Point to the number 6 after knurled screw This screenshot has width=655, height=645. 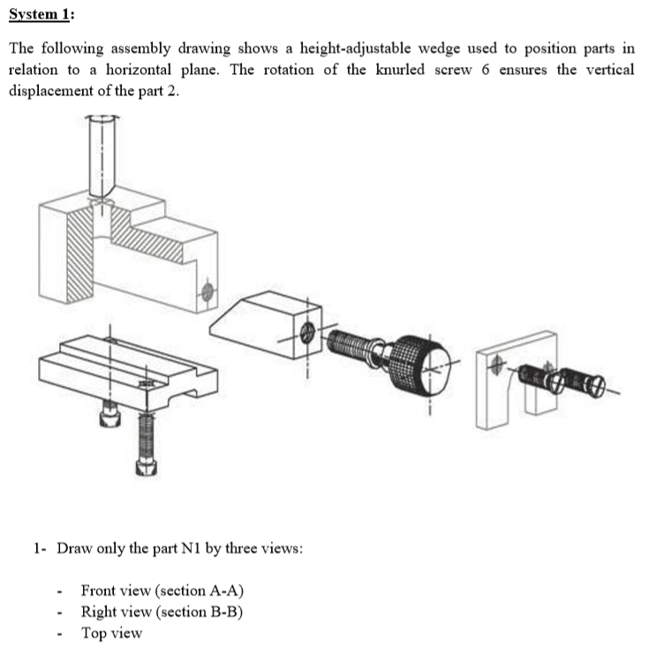click(x=486, y=70)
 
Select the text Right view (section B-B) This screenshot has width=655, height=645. click(x=162, y=611)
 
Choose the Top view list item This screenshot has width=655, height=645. click(x=111, y=633)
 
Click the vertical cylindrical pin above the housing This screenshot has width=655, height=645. click(x=102, y=154)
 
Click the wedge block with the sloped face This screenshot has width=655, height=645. click(x=265, y=322)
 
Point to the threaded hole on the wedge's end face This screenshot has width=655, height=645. click(x=307, y=333)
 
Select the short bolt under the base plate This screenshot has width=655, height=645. click(x=109, y=415)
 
